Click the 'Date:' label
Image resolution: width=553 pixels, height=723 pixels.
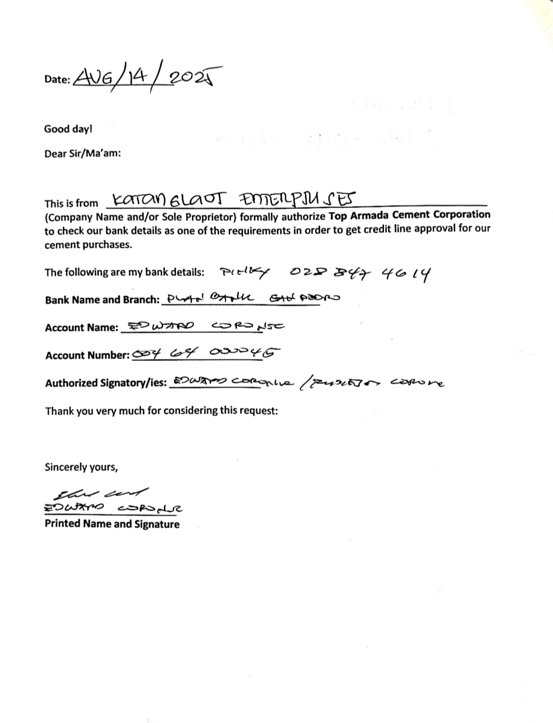(57, 79)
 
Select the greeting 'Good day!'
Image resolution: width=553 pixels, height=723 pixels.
(68, 129)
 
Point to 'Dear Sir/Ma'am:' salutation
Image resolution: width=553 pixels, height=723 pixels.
(82, 154)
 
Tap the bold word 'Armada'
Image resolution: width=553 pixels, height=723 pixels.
(370, 215)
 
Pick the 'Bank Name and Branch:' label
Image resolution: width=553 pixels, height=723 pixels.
(102, 300)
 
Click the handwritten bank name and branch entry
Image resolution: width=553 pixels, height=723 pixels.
(250, 297)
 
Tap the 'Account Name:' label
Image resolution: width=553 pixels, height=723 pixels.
(81, 328)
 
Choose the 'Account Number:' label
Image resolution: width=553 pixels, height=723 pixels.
(87, 355)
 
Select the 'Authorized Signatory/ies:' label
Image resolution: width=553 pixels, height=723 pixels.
(106, 383)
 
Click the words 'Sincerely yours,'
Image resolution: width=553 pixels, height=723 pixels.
(81, 467)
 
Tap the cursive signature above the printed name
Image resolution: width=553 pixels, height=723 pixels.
(102, 494)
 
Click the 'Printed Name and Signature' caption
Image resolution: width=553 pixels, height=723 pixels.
(112, 524)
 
